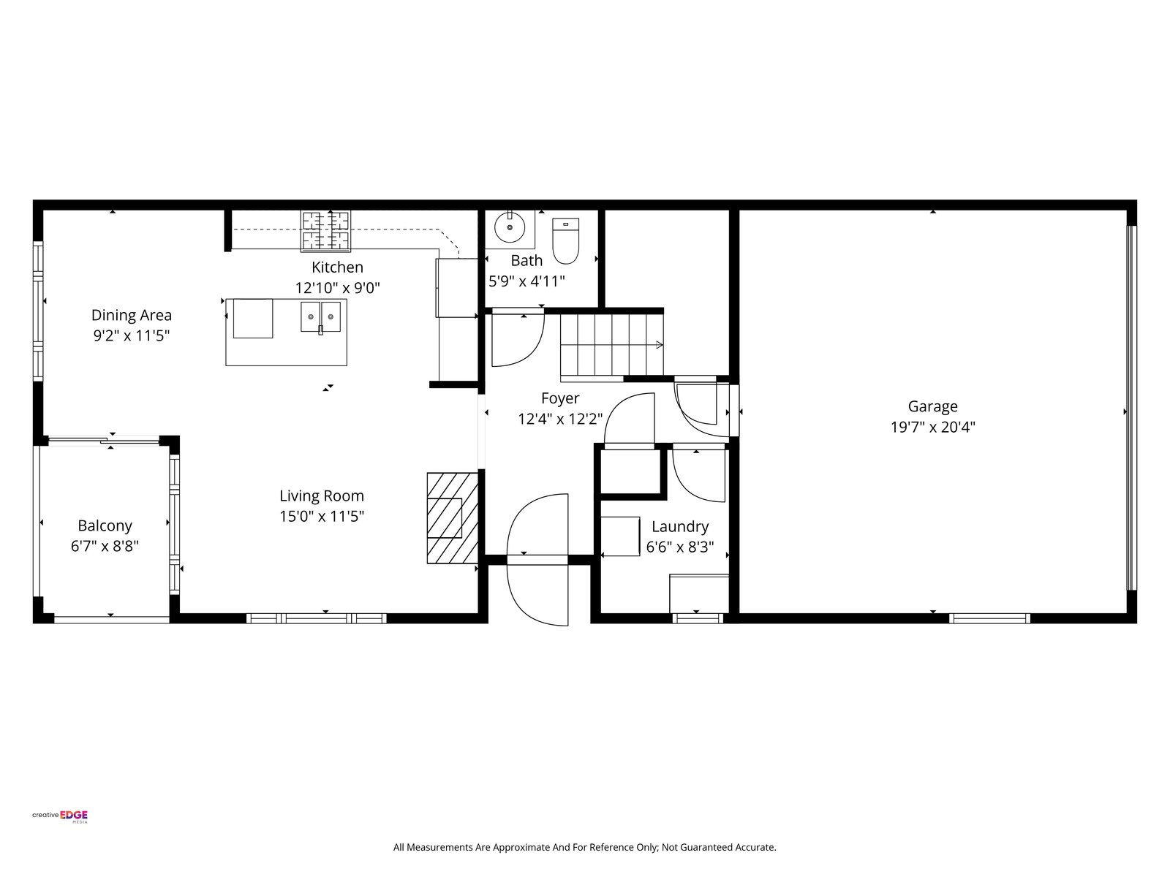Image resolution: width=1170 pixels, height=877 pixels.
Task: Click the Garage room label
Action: (933, 407)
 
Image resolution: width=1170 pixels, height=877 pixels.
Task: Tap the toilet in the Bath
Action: (565, 240)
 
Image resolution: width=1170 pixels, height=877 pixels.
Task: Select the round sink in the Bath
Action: (510, 227)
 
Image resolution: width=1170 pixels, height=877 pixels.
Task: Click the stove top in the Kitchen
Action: (325, 231)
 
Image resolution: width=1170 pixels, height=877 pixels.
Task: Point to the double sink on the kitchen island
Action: (320, 316)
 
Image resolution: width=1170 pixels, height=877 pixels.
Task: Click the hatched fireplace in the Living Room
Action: (453, 518)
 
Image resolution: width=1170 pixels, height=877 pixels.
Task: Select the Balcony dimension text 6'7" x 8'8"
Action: (105, 547)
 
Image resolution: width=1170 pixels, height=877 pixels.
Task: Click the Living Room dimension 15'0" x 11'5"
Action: (322, 517)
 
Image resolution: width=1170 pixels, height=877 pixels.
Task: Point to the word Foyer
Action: (560, 399)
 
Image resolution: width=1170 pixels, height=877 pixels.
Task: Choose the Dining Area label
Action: (132, 315)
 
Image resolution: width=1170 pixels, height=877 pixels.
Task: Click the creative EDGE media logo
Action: (60, 816)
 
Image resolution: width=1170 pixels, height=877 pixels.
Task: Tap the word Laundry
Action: (680, 527)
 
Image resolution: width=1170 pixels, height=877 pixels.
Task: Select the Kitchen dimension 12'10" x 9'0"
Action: (338, 288)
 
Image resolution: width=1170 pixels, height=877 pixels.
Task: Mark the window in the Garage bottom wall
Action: (989, 618)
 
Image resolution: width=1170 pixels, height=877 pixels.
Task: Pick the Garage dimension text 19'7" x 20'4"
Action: (933, 428)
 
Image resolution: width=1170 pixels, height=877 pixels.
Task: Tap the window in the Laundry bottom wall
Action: (697, 618)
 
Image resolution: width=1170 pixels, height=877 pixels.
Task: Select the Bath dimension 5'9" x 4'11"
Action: (526, 281)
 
